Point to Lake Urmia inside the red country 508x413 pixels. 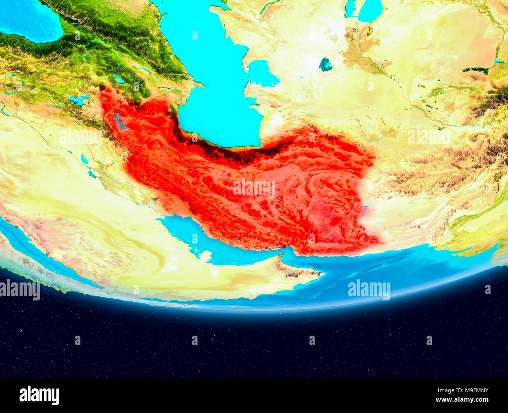[120, 122]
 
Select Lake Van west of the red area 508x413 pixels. [79, 100]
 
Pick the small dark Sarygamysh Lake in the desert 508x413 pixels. [325, 64]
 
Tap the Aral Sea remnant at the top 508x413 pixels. [363, 10]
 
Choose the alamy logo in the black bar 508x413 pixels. [39, 395]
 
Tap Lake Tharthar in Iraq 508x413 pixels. [84, 159]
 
